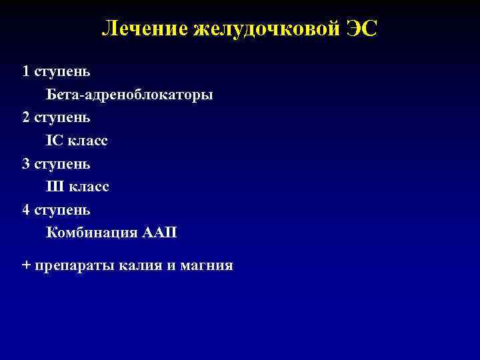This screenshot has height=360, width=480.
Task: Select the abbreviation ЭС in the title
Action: tap(360, 29)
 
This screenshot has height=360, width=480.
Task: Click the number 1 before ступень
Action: tap(26, 71)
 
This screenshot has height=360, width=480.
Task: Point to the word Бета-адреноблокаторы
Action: tap(130, 95)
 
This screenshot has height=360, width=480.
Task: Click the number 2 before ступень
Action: tap(26, 117)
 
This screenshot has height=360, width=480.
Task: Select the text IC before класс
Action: tap(53, 141)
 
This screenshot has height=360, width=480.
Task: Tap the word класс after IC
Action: tap(87, 141)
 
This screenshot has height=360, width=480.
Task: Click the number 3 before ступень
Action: tap(26, 163)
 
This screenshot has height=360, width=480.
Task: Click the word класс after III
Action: tap(89, 187)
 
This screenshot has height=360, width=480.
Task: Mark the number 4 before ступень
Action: tap(26, 210)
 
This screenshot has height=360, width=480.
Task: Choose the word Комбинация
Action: tap(91, 233)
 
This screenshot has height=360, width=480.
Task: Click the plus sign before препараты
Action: tap(26, 265)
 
